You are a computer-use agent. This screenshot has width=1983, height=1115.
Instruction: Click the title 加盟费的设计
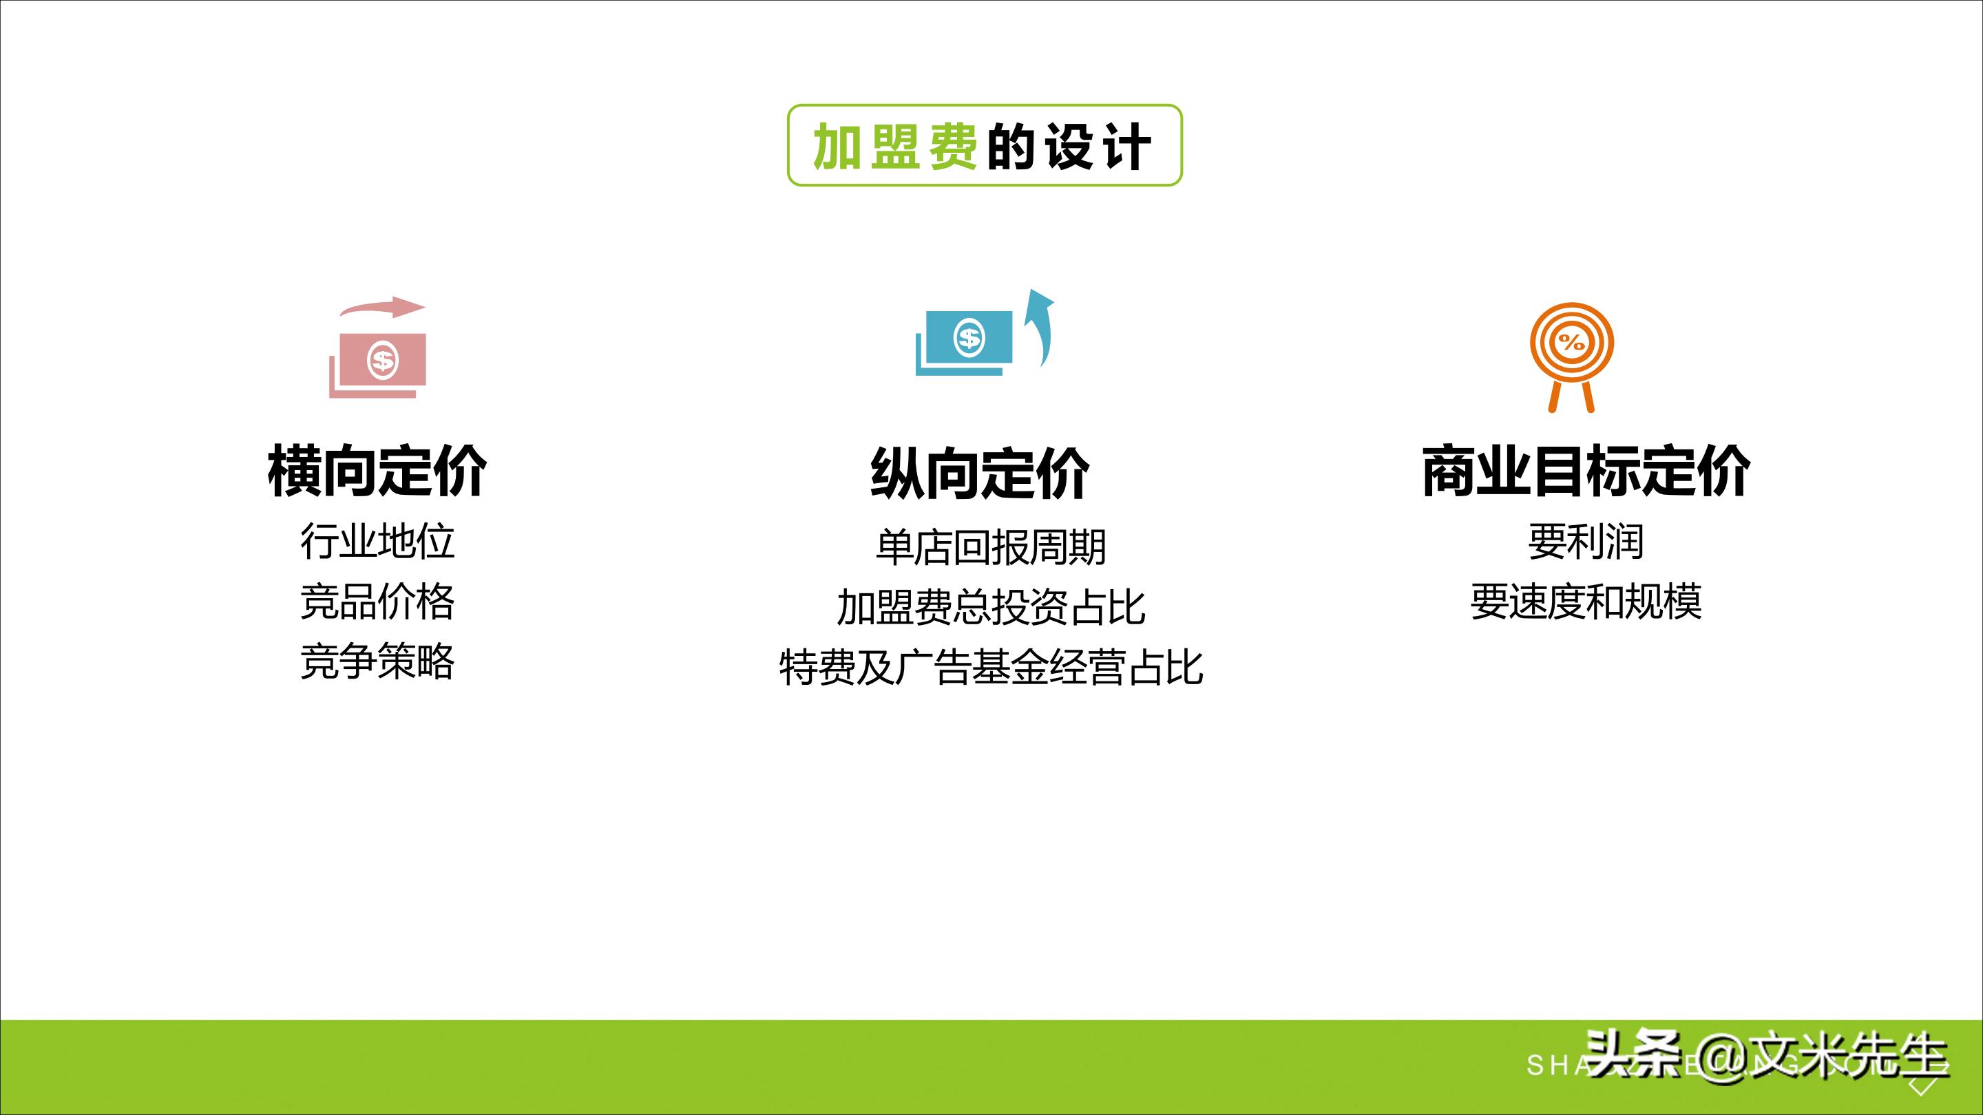(x=984, y=145)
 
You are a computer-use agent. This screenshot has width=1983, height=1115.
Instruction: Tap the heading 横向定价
(x=377, y=471)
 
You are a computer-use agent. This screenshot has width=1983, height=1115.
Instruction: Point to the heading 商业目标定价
(x=1586, y=471)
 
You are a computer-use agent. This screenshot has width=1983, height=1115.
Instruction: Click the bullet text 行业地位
(x=377, y=542)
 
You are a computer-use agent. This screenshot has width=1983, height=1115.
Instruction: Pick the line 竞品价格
(x=377, y=602)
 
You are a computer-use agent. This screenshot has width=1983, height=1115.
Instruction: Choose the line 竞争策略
(x=377, y=661)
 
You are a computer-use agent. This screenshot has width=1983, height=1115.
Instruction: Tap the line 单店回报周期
(x=991, y=548)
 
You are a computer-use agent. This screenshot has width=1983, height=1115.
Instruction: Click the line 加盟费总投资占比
(x=991, y=608)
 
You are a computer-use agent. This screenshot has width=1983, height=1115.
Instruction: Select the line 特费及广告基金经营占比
(x=991, y=667)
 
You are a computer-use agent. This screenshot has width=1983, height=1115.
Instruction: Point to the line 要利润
(x=1586, y=542)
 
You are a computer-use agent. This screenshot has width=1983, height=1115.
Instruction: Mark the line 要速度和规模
(x=1586, y=602)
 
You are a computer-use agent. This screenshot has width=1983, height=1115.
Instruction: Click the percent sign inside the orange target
(x=1571, y=343)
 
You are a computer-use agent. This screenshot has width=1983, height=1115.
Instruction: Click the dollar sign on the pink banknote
(x=383, y=360)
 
